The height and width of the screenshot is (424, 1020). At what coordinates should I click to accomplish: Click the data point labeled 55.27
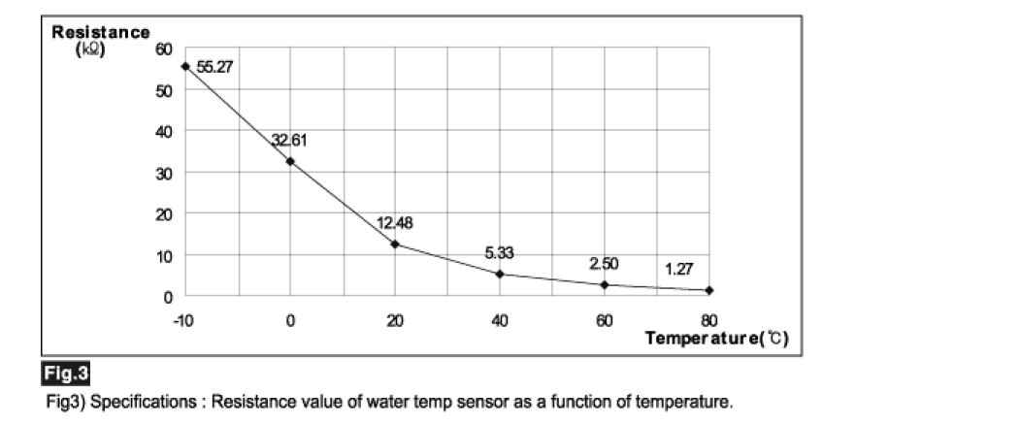pos(185,66)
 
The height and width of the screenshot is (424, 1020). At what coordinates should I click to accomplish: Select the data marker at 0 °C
pos(290,161)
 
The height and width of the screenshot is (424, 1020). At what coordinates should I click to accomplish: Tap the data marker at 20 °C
pos(395,244)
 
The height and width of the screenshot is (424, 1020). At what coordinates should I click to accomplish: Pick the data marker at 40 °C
pos(500,274)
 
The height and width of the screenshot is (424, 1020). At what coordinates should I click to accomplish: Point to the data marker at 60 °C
pos(605,285)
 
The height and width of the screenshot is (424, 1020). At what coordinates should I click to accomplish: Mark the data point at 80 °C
pos(709,290)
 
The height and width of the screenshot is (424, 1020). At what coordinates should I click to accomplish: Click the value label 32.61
pos(290,141)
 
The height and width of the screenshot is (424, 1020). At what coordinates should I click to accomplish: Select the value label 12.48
pos(395,223)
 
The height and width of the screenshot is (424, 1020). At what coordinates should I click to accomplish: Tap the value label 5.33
pos(499,253)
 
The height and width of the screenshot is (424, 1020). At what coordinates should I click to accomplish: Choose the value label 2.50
pos(604,264)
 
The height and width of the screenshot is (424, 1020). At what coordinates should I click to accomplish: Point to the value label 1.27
pos(679,269)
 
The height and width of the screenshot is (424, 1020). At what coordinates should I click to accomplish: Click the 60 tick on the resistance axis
pos(164,49)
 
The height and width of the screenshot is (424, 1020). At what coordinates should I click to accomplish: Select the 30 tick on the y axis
pos(164,173)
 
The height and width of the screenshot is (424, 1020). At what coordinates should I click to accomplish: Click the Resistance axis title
pos(101,32)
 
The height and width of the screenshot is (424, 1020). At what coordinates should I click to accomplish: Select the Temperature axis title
pos(716,339)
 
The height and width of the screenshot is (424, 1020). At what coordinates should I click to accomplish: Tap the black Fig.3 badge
pos(67,373)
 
